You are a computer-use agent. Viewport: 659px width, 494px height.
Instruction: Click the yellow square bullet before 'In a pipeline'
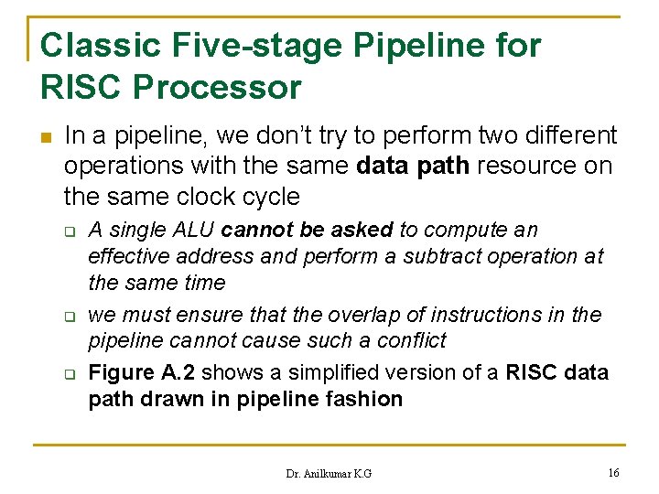tap(47, 138)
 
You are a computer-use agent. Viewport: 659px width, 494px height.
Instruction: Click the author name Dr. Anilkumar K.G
tap(329, 474)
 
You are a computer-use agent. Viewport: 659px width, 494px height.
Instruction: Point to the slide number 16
tap(612, 473)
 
